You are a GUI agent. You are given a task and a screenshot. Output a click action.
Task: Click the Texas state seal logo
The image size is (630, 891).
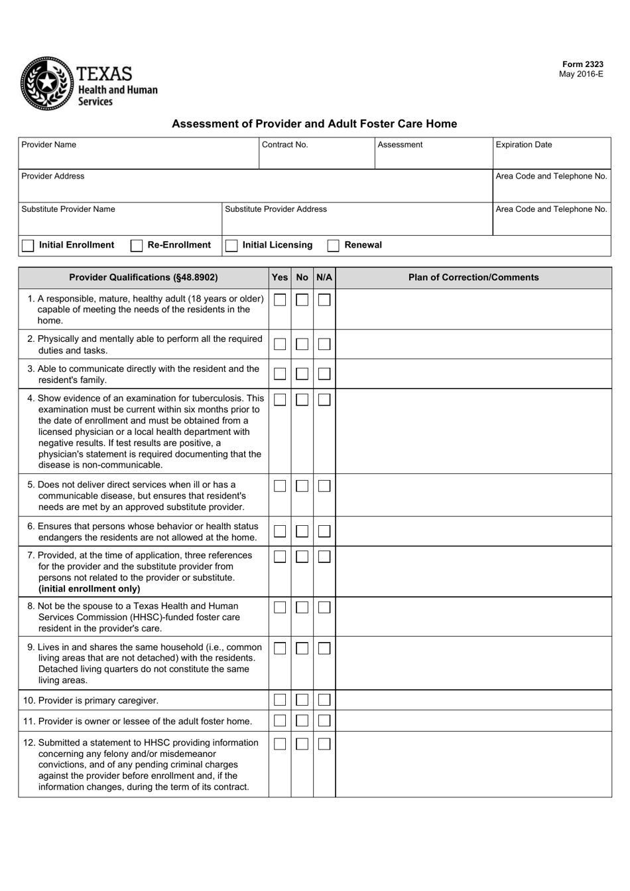tap(46, 84)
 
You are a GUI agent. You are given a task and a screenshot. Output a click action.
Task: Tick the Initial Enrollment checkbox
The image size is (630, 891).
tap(28, 246)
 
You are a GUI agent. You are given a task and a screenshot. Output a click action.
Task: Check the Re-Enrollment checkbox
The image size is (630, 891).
tap(137, 246)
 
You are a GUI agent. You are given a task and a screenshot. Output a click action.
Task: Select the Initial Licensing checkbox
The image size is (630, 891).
tap(231, 246)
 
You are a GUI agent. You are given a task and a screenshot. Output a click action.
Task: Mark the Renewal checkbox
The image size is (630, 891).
tap(334, 246)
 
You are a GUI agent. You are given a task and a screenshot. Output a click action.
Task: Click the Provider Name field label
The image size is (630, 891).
tap(48, 145)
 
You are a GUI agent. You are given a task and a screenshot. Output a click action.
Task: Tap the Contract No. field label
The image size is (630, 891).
tap(285, 145)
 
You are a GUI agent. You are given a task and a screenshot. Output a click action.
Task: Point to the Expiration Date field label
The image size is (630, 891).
tap(523, 145)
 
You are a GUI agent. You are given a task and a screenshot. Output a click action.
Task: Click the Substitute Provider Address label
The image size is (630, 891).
tap(276, 209)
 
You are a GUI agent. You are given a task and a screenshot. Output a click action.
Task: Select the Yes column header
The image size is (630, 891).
tap(280, 278)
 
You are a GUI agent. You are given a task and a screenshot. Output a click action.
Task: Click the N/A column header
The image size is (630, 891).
tap(324, 278)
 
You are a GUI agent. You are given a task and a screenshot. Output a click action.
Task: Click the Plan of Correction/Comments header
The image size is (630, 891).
tap(473, 278)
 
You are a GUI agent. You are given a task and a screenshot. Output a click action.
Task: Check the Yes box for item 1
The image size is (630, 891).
tap(280, 300)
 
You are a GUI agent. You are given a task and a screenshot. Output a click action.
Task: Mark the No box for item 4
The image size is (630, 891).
tap(302, 400)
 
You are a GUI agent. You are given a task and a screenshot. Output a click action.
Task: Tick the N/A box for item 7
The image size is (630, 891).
tap(324, 557)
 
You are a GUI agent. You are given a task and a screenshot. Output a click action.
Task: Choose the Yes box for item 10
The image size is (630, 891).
tap(280, 700)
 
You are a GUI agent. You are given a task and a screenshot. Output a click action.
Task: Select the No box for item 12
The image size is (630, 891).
tap(302, 744)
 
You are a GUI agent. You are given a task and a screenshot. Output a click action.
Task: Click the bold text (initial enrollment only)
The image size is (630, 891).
tap(89, 589)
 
